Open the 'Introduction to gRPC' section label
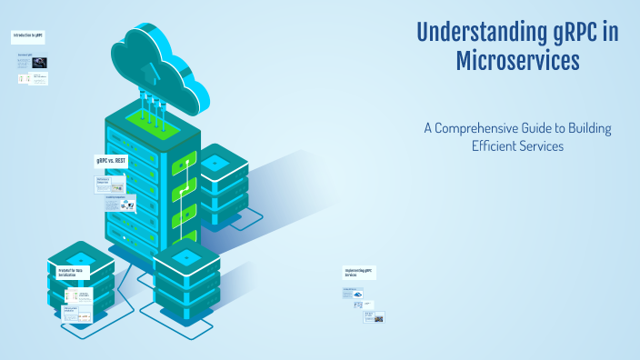[28, 36]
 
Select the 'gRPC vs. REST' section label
[113, 161]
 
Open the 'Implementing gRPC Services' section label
[359, 273]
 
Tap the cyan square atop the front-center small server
[186, 257]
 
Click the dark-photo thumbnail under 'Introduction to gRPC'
[41, 63]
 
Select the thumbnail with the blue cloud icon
[356, 295]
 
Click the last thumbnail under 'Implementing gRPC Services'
[374, 316]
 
